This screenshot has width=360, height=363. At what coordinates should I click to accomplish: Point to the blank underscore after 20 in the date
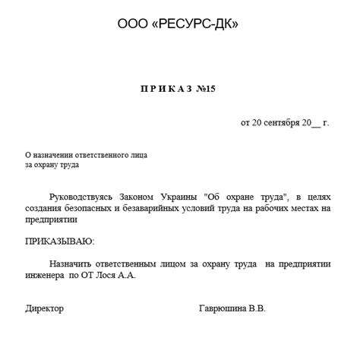coord(317,123)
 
